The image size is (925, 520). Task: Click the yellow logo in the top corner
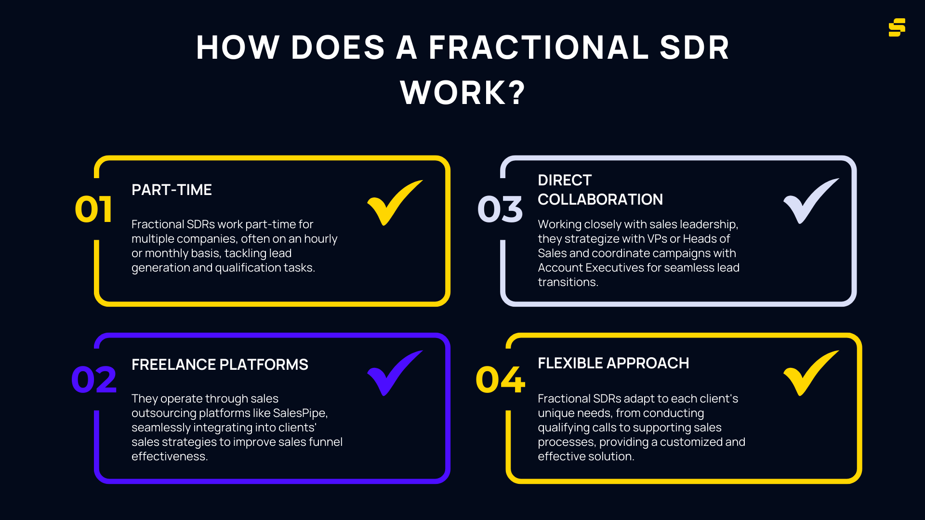pos(897,27)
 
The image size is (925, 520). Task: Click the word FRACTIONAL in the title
pos(539,48)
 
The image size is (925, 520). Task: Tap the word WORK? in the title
pos(462,92)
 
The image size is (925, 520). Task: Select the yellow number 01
pos(94,209)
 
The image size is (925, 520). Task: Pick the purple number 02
pos(94,379)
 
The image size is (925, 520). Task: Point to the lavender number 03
pos(500,209)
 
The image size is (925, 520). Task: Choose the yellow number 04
pos(500,379)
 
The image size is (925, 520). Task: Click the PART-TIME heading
pos(172,190)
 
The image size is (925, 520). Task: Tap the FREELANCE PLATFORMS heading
pos(220,364)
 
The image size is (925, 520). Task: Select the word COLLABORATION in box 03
pos(600,199)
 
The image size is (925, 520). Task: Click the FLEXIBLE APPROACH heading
pos(613,363)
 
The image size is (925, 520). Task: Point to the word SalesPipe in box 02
pos(299,413)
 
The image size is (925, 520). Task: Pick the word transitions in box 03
pos(567,282)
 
